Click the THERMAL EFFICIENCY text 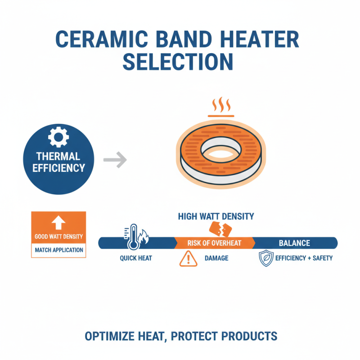[58, 162]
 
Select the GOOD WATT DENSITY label [58, 237]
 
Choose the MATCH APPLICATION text [58, 249]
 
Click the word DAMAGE [216, 259]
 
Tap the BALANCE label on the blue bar [294, 243]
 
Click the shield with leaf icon [266, 259]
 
